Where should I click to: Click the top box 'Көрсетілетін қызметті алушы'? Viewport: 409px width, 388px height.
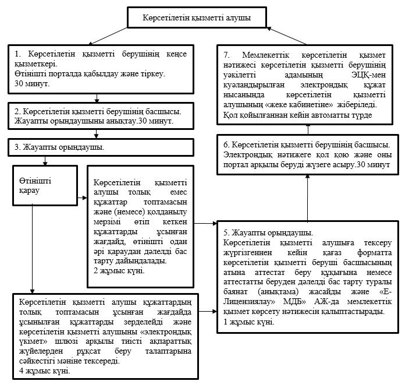[197, 17]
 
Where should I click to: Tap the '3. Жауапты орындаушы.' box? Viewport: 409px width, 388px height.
[101, 147]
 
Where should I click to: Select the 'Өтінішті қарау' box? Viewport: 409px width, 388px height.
[45, 185]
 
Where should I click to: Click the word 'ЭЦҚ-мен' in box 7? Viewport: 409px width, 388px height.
[368, 75]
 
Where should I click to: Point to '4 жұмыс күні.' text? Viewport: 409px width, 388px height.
[45, 371]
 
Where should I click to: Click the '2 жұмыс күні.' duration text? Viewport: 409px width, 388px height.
[119, 271]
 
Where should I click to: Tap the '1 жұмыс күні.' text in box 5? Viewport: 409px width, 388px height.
[249, 322]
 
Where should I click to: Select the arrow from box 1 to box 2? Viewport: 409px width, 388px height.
[97, 98]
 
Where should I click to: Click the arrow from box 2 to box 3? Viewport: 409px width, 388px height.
[96, 134]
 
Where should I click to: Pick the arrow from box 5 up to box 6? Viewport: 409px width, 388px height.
[308, 198]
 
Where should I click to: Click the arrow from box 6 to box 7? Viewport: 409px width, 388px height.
[308, 129]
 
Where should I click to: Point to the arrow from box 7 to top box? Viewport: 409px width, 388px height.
[286, 36]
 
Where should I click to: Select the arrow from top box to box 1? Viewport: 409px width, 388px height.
[108, 36]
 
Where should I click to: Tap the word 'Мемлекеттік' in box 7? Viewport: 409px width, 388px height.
[266, 55]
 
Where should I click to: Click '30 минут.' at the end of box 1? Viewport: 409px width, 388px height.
[32, 84]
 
